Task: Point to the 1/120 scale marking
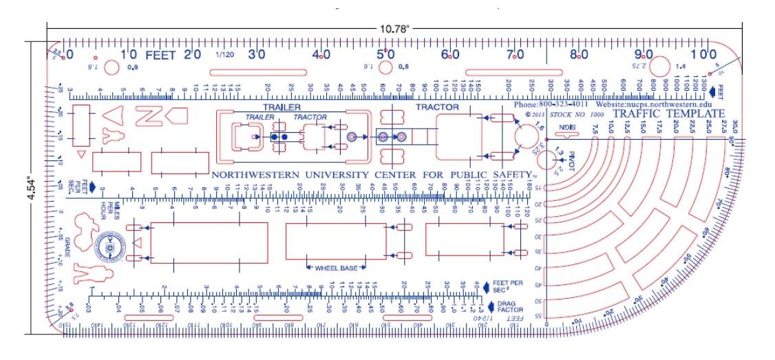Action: (x=224, y=54)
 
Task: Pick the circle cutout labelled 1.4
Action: (x=659, y=67)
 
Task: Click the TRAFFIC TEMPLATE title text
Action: (x=668, y=114)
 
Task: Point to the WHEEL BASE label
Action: (x=336, y=267)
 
